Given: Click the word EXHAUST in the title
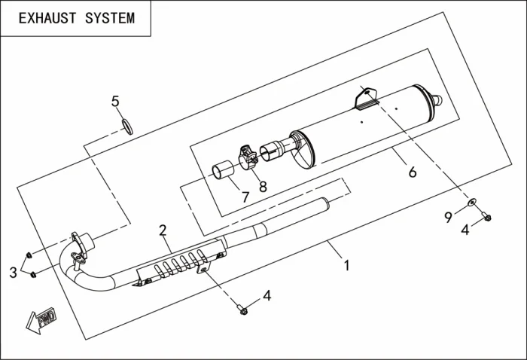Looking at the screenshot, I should (46, 18).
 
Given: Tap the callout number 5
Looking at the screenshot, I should (115, 101).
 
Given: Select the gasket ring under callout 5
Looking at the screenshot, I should (129, 124).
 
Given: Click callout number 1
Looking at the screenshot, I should (346, 265).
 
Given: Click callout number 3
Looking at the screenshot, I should (13, 273).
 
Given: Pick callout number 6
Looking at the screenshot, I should (412, 172).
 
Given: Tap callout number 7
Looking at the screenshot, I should (245, 197).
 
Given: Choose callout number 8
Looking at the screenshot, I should (263, 186).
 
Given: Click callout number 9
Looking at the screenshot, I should (448, 217).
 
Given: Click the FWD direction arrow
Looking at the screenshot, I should (35, 321).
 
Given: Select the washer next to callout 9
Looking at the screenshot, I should (471, 202).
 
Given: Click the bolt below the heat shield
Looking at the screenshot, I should (241, 309).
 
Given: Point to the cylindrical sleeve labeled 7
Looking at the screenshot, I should (221, 172).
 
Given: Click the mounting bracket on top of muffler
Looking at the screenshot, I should (367, 97).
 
